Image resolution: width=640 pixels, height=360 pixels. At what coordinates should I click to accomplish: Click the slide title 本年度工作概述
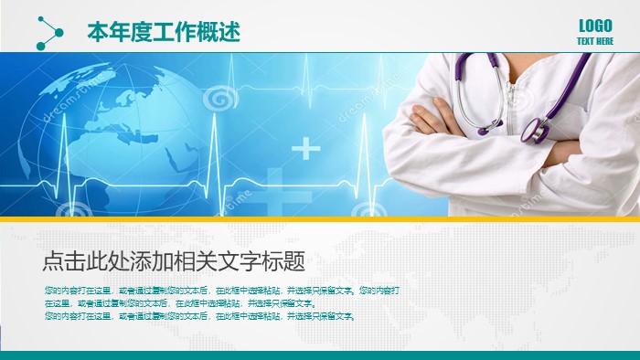click(x=164, y=32)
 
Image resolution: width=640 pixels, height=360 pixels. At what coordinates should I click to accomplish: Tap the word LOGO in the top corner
click(x=595, y=26)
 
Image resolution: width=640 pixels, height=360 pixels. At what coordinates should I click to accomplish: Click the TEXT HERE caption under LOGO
click(x=595, y=41)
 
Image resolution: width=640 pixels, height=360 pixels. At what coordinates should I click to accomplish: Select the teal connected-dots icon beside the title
click(x=48, y=33)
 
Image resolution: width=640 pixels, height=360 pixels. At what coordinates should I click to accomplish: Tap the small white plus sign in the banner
click(x=306, y=147)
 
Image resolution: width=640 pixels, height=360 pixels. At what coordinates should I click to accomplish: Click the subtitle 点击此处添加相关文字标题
click(x=173, y=262)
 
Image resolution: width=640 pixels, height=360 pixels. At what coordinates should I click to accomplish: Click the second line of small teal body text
click(x=179, y=303)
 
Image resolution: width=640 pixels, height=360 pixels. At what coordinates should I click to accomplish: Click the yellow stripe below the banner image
click(x=320, y=219)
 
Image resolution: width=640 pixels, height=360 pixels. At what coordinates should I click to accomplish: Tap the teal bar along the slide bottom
click(x=320, y=355)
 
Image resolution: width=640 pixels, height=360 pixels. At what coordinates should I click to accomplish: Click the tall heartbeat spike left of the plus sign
click(x=215, y=137)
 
